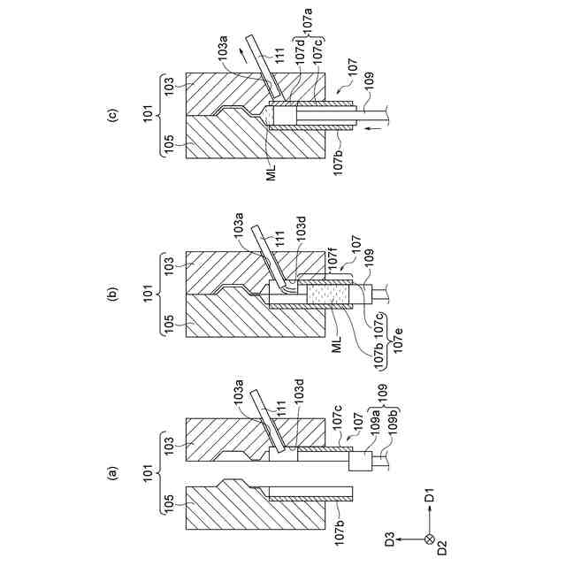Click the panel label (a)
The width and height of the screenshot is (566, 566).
tap(112, 473)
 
